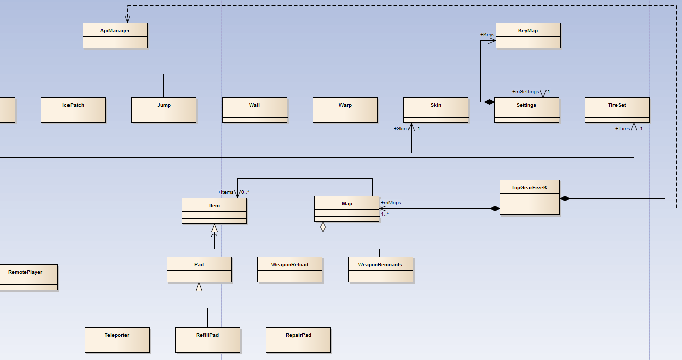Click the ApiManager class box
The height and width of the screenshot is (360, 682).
tap(115, 35)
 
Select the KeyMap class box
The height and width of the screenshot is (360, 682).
tap(528, 35)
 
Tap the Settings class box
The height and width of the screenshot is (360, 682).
tap(526, 110)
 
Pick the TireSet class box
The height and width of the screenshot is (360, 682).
tap(617, 110)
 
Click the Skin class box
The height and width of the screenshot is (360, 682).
tap(436, 110)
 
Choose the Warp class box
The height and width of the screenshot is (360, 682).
tap(345, 110)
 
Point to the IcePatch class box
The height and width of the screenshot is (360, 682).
tap(73, 110)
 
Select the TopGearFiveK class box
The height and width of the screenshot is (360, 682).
tap(529, 197)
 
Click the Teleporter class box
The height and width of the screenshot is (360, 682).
tap(117, 340)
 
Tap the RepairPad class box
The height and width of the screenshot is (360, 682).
tap(298, 340)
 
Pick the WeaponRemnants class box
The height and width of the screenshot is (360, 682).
tap(380, 269)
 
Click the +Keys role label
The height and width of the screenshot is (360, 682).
tap(487, 35)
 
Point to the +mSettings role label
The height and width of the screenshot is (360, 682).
tap(525, 92)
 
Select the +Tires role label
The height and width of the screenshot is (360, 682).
tap(622, 129)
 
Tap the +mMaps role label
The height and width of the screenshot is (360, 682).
tap(391, 203)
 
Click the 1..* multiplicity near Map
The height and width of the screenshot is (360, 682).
tap(385, 214)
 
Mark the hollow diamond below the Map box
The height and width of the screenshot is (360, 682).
tap(323, 228)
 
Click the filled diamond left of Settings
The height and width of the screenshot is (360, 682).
tap(488, 102)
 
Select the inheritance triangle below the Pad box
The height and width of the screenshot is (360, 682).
tap(199, 287)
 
